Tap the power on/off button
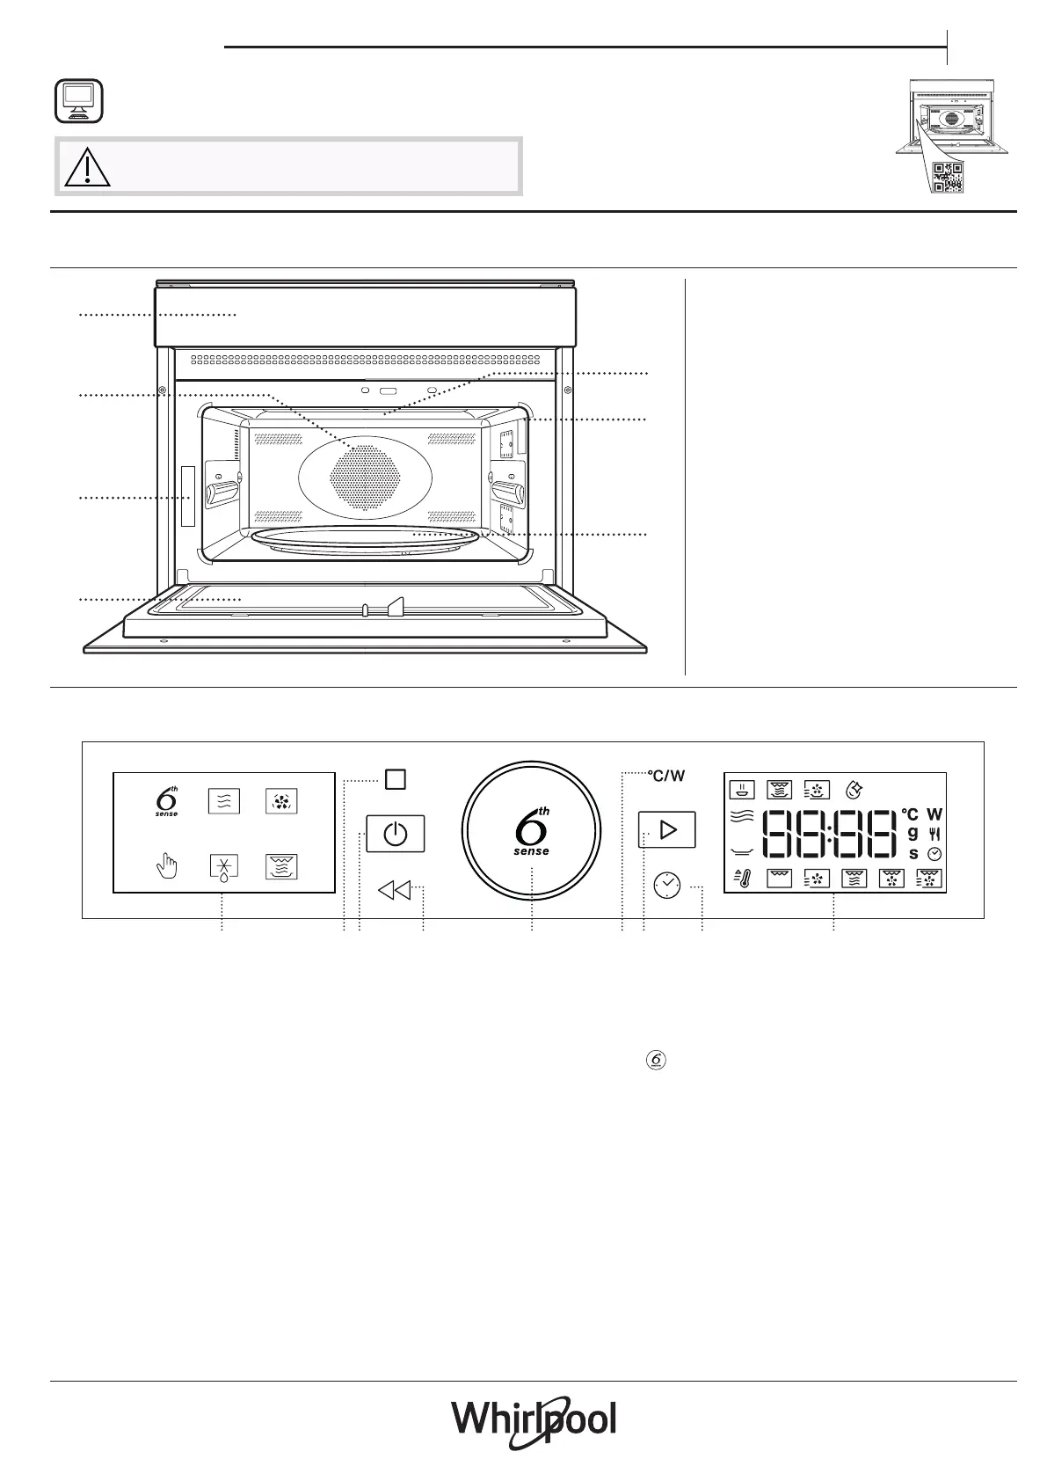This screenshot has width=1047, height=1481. (396, 834)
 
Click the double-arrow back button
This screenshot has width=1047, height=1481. (395, 890)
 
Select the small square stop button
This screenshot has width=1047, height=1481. (396, 779)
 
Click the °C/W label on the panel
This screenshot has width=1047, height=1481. (666, 776)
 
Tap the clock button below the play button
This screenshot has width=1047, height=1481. (667, 886)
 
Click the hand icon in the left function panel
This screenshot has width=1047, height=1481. (167, 865)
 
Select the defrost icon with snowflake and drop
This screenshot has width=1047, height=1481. (224, 868)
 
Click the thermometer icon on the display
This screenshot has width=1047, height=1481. (743, 878)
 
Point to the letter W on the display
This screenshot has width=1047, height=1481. (934, 813)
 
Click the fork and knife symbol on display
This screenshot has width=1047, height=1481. (934, 835)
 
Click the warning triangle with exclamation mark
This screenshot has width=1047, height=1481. (87, 166)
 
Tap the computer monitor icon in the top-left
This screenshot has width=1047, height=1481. (78, 101)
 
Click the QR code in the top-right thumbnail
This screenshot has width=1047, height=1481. (948, 177)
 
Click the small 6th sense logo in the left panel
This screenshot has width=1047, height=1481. (167, 801)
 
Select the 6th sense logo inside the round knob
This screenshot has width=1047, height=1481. (532, 831)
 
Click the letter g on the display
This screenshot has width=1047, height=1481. (912, 833)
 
